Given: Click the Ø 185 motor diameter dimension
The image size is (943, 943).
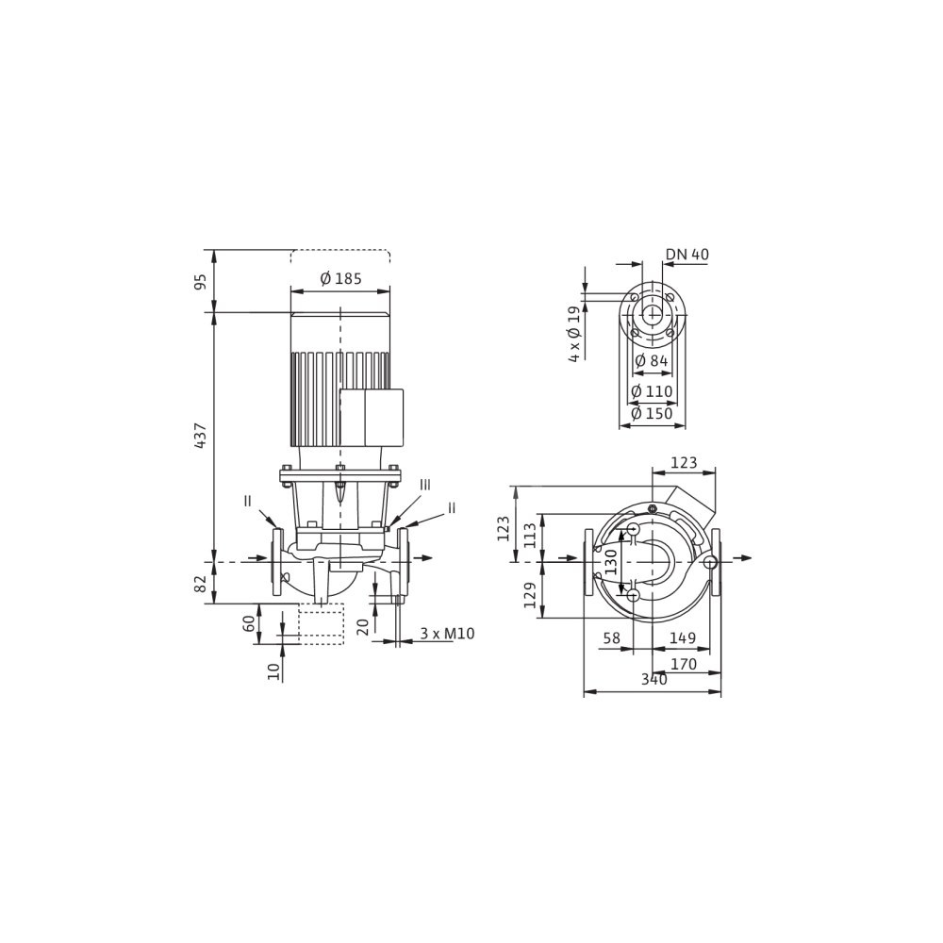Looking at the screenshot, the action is (340, 279).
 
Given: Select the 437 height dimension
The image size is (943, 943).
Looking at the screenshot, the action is (202, 435).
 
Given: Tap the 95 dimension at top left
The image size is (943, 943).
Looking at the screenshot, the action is (202, 281).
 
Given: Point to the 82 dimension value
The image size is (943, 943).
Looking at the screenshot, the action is (202, 582).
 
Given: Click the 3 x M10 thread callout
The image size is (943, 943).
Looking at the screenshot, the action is (447, 634).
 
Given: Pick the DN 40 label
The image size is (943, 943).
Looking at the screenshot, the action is (687, 255).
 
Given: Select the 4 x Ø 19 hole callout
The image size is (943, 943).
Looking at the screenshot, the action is (575, 334).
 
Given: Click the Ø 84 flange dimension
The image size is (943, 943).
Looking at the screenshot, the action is (652, 361).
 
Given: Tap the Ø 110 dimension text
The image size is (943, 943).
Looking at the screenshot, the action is (652, 391).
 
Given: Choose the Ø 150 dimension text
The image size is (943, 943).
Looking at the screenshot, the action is (652, 414).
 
